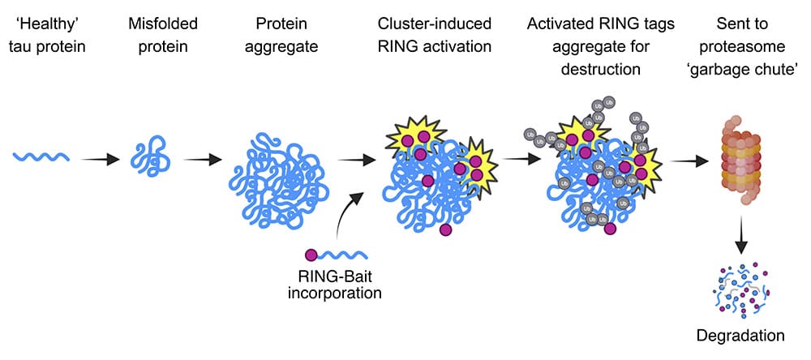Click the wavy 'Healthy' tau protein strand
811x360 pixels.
41,156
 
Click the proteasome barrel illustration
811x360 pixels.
739,161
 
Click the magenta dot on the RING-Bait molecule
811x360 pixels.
311,255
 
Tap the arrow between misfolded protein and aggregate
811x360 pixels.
199,157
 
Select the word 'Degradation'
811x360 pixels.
739,335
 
